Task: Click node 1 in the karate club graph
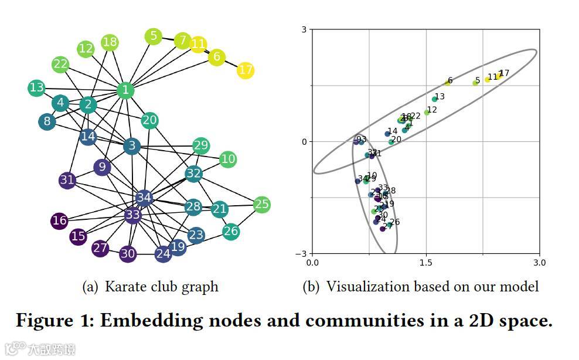click(125, 90)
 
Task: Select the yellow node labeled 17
click(246, 70)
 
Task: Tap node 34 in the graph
click(144, 198)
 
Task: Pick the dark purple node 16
click(59, 221)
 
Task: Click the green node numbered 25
click(261, 205)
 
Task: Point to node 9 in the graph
click(102, 167)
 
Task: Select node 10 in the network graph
click(228, 159)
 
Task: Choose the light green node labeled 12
click(86, 49)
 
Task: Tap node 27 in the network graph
click(100, 248)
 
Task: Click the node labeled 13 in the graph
click(36, 88)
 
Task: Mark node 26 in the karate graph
click(231, 231)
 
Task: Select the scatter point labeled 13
click(434, 99)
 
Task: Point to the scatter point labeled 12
click(427, 112)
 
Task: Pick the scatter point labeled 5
click(475, 83)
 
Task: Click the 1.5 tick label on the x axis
click(425, 263)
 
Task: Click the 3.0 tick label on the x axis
click(539, 263)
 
